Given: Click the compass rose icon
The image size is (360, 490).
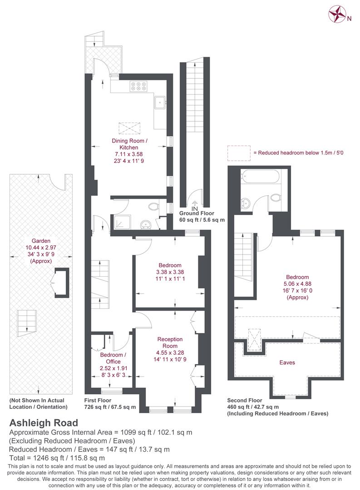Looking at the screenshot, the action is click(x=336, y=15).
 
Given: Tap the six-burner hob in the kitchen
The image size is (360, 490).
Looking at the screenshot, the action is click(x=138, y=86).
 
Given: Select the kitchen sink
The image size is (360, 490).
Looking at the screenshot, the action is click(x=160, y=102).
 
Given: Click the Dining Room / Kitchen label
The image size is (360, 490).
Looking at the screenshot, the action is click(x=129, y=144).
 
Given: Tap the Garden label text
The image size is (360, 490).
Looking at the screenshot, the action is click(x=41, y=240).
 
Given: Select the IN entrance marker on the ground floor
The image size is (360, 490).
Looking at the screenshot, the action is click(x=195, y=208).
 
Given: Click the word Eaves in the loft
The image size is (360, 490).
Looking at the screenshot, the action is click(x=287, y=363).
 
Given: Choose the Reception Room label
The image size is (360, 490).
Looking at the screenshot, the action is click(x=170, y=343).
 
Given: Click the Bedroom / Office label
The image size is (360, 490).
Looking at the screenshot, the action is click(x=113, y=358).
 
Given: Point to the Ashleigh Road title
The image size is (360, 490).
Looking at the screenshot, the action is click(x=44, y=423).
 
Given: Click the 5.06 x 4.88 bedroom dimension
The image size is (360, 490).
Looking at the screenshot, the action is click(x=297, y=284).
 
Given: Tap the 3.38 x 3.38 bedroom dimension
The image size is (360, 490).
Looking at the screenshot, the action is click(x=170, y=272).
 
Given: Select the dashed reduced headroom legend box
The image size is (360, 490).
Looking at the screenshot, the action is click(x=239, y=153).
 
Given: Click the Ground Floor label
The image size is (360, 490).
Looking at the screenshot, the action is click(x=197, y=213).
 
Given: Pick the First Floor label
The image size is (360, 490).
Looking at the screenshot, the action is click(x=98, y=400).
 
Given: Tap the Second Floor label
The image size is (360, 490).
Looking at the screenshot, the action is click(x=245, y=400).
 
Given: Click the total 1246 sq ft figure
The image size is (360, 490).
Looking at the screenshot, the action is click(x=57, y=458).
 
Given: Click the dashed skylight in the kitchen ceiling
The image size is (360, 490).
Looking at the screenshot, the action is click(x=129, y=128).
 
